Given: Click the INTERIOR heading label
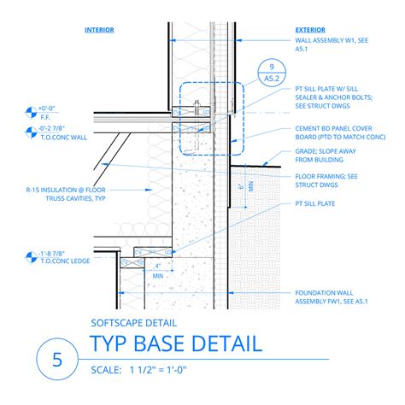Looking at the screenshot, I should pyautogui.click(x=99, y=29).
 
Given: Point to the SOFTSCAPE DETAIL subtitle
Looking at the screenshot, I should pyautogui.click(x=133, y=323).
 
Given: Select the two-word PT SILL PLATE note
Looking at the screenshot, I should pyautogui.click(x=315, y=204).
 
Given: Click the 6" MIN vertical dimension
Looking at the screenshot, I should pyautogui.click(x=242, y=189).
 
